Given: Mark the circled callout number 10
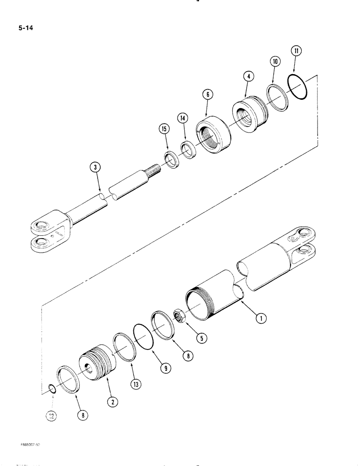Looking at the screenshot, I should pos(275,61).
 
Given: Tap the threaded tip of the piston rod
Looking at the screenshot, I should pos(154,166).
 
